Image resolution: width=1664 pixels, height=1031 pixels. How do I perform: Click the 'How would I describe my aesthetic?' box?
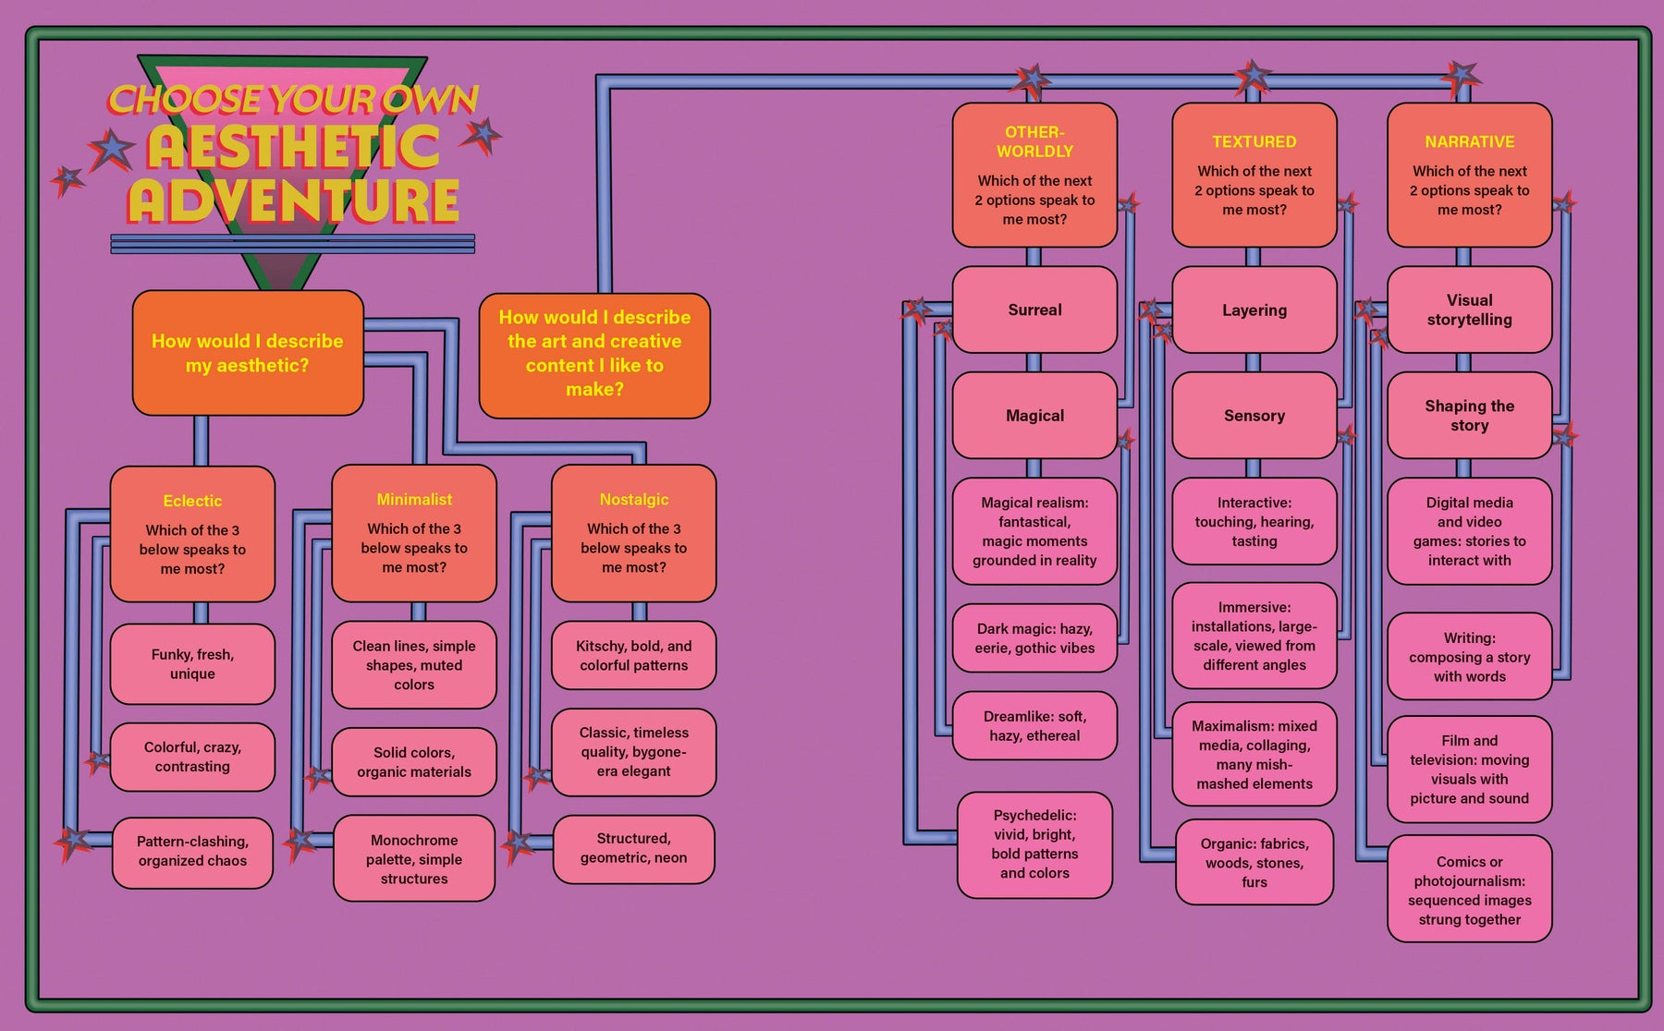tap(248, 353)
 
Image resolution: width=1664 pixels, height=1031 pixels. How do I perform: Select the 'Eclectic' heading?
tap(192, 501)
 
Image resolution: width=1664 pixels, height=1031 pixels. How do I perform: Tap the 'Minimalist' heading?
tap(414, 499)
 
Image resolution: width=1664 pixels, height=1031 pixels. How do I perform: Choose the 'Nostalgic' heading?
tap(634, 499)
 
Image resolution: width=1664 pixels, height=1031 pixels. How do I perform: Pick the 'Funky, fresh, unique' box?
tap(192, 664)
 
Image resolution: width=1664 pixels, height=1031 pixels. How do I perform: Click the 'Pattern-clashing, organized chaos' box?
tap(192, 851)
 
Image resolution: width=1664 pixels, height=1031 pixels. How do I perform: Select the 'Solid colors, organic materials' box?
tap(414, 762)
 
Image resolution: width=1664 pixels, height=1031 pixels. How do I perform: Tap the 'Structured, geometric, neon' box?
tap(634, 848)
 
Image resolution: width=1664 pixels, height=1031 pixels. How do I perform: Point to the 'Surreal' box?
tap(1034, 310)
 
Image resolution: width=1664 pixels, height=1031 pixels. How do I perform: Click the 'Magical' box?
tap(1034, 416)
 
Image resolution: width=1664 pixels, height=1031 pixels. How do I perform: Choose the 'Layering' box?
tap(1254, 310)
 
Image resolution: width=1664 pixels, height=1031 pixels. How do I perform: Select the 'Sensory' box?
tap(1254, 416)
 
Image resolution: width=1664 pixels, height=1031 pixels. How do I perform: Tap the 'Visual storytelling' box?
tap(1469, 310)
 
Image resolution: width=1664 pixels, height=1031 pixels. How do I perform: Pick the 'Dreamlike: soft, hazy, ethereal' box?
tap(1034, 726)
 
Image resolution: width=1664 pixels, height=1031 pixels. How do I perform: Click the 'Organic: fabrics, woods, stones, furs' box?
tap(1254, 863)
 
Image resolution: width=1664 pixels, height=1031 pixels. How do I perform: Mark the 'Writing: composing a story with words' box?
tap(1469, 657)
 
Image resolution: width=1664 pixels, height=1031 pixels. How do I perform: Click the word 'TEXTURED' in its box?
tap(1254, 141)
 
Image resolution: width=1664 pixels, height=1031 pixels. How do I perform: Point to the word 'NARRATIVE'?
tap(1469, 141)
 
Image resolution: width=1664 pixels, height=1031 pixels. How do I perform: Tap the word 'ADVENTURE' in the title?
tap(294, 201)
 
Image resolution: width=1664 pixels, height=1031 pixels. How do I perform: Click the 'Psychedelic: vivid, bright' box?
tap(1034, 844)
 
